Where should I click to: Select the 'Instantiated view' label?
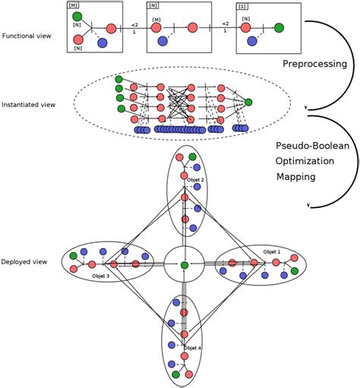tap(27, 103)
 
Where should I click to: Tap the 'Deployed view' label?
tap(24, 262)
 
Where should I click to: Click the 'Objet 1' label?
tap(272, 251)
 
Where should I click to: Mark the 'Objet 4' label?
tap(192, 347)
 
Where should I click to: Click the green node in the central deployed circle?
tap(184, 264)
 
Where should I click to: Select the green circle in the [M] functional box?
tap(75, 16)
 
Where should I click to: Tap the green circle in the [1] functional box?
tap(279, 29)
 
